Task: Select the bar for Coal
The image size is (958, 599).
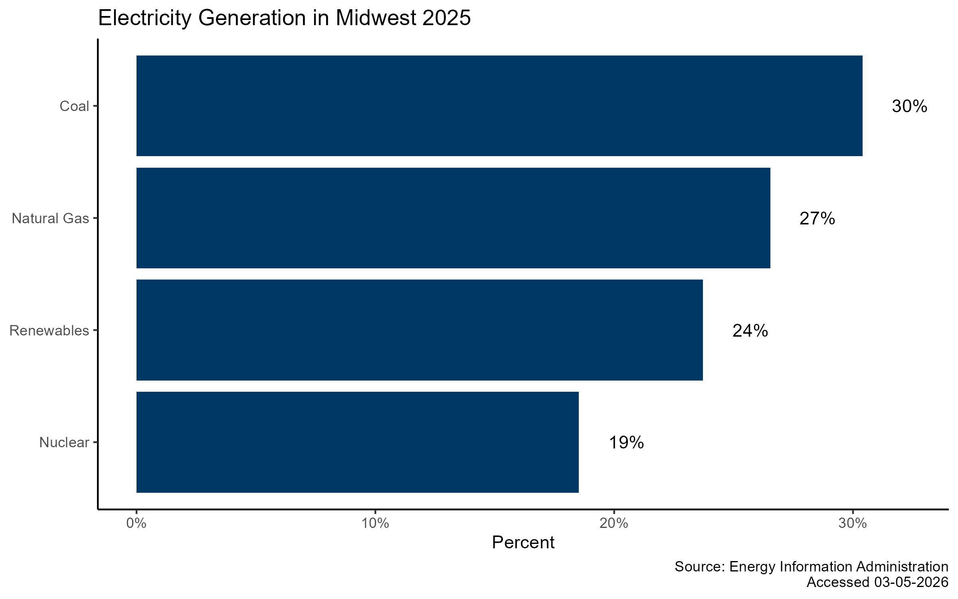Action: click(499, 106)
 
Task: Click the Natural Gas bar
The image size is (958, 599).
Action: click(453, 218)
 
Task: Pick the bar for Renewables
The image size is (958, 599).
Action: click(419, 330)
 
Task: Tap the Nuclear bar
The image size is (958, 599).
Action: click(357, 442)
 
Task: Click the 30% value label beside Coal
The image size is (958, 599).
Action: click(909, 107)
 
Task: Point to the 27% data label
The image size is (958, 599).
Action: click(817, 219)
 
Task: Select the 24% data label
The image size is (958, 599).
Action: click(750, 331)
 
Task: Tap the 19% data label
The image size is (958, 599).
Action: click(626, 443)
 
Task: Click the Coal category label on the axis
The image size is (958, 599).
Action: click(74, 106)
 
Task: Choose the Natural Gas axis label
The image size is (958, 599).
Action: click(50, 218)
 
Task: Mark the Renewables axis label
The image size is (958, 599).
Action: click(49, 331)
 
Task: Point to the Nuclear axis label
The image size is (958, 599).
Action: click(64, 442)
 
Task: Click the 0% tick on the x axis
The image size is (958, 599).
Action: click(136, 523)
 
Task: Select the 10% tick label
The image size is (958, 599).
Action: click(375, 523)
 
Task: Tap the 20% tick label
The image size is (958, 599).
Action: click(614, 523)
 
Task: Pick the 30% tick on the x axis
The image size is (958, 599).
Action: click(853, 523)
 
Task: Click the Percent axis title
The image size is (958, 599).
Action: click(523, 543)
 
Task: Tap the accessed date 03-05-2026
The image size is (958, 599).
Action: click(911, 582)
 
